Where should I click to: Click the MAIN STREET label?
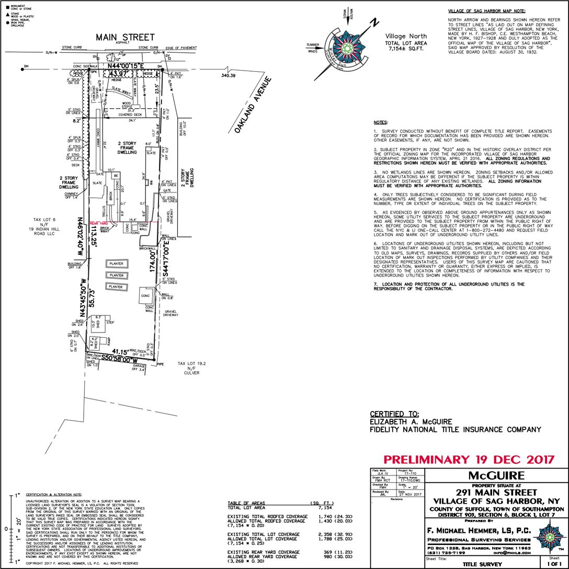pyautogui.click(x=125, y=37)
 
